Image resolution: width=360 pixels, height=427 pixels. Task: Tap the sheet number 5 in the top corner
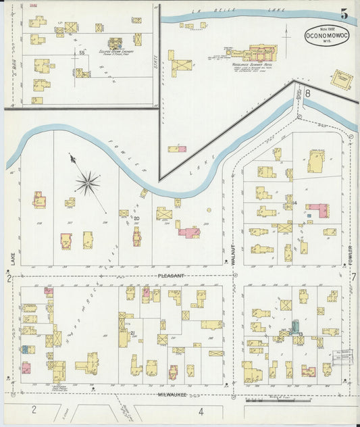(x=344, y=14)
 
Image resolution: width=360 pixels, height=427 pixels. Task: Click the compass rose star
(x=87, y=182)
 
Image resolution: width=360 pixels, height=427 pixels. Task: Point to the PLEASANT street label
(x=171, y=276)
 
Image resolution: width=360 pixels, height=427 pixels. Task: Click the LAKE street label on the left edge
(x=12, y=259)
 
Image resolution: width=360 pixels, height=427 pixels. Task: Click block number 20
(x=136, y=218)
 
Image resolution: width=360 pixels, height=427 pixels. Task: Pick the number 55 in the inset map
(x=81, y=52)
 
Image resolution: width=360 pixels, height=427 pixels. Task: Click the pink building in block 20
(x=190, y=232)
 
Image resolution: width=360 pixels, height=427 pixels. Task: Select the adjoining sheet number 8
(x=307, y=93)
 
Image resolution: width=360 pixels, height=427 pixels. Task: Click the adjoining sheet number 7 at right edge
(x=353, y=276)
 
